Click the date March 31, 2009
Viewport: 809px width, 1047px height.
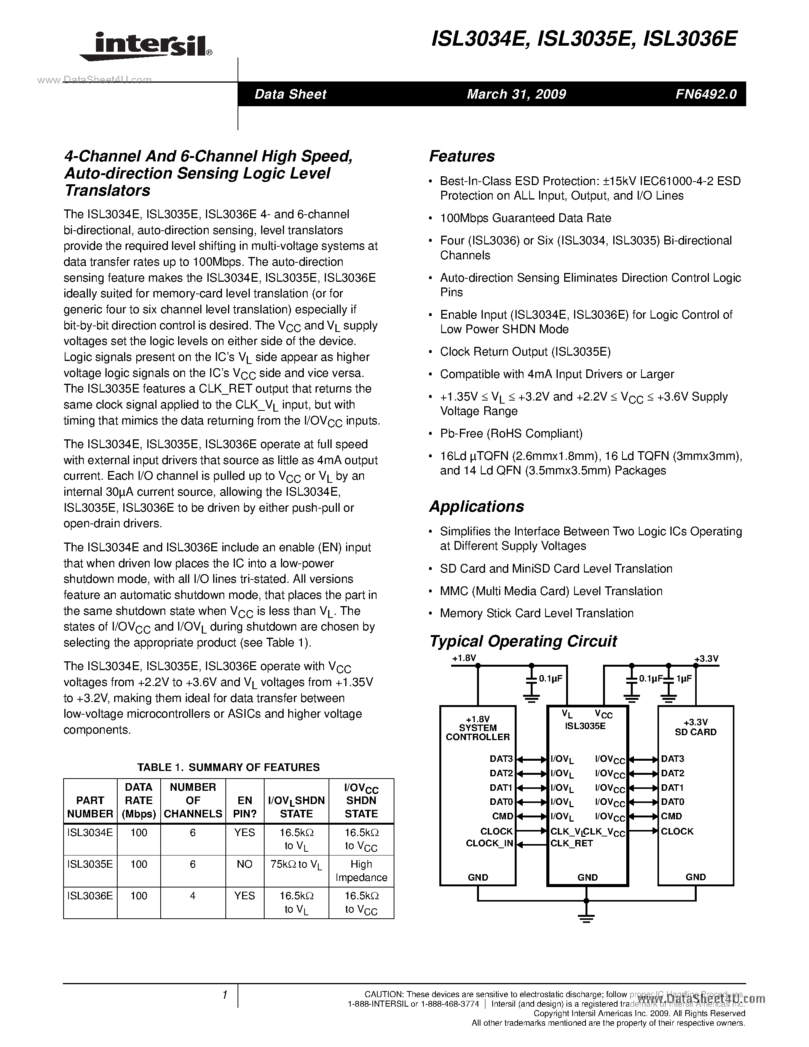[516, 94]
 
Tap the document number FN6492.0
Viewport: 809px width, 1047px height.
[706, 94]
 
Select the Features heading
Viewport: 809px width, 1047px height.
[461, 156]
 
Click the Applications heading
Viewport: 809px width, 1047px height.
[476, 507]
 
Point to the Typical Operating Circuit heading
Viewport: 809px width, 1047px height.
[523, 642]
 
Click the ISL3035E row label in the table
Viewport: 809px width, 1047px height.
[90, 864]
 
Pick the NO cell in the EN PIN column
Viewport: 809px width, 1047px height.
[244, 864]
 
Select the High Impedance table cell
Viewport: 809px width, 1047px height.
[361, 871]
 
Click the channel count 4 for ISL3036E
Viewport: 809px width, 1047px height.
[193, 895]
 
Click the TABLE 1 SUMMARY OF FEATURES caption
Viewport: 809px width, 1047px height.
[228, 768]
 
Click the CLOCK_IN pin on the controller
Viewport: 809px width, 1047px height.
[489, 843]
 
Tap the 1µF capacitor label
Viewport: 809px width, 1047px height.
[684, 679]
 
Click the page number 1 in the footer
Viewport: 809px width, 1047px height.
[224, 995]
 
